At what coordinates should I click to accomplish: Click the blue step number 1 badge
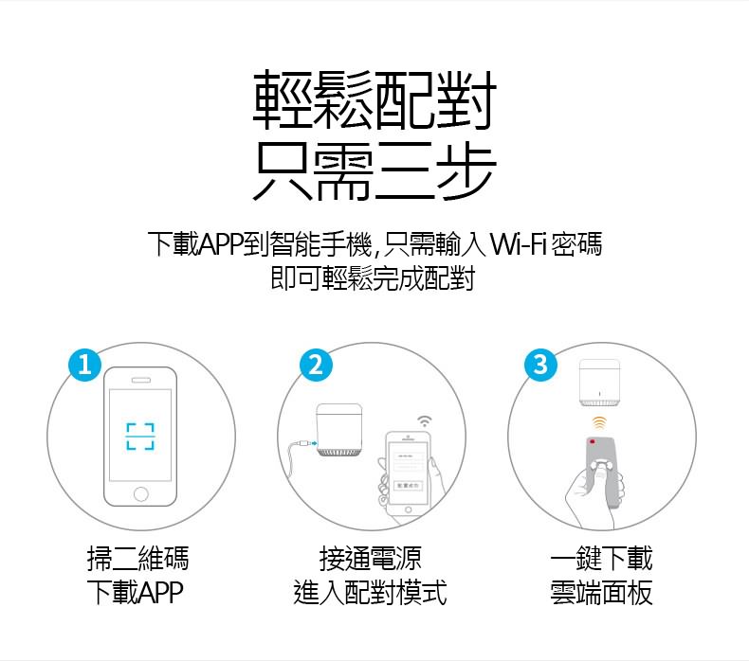(84, 366)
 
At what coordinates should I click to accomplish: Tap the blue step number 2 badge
(316, 366)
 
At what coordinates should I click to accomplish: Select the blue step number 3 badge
(540, 366)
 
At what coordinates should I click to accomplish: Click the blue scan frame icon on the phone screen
(140, 437)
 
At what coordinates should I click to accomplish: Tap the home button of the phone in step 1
(141, 493)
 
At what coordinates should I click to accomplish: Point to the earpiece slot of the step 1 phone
(141, 380)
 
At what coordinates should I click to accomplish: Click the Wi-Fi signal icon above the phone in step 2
(424, 421)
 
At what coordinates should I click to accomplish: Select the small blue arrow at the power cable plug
(314, 443)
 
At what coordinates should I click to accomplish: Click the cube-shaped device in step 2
(339, 430)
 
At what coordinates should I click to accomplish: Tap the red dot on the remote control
(593, 441)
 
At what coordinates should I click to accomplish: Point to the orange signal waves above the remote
(599, 422)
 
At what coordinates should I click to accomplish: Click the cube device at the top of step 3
(599, 383)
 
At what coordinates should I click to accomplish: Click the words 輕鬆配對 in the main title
(374, 100)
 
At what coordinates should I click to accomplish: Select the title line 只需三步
(374, 170)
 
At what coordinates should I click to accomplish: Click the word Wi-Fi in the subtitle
(519, 244)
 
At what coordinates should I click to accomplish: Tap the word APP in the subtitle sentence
(221, 244)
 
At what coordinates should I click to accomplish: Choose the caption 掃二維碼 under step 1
(138, 559)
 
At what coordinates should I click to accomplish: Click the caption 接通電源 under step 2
(370, 559)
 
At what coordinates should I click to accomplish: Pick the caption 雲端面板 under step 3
(601, 593)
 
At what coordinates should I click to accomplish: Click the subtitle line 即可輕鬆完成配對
(373, 278)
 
